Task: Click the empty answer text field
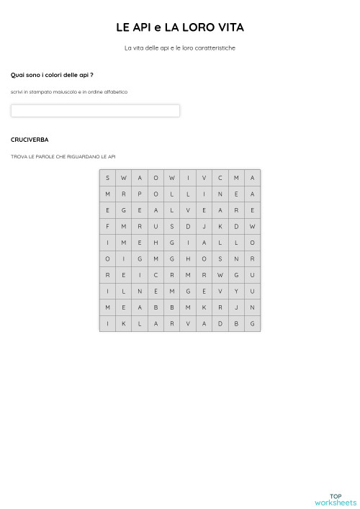click(95, 111)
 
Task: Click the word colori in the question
click(53, 75)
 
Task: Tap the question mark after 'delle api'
click(91, 75)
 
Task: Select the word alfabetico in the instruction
click(116, 92)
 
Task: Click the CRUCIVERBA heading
click(30, 140)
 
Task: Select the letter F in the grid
click(107, 226)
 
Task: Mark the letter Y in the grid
click(236, 291)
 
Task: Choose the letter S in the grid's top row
click(107, 178)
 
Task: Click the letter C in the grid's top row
click(220, 178)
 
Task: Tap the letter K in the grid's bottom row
click(124, 323)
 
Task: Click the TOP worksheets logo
click(336, 500)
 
